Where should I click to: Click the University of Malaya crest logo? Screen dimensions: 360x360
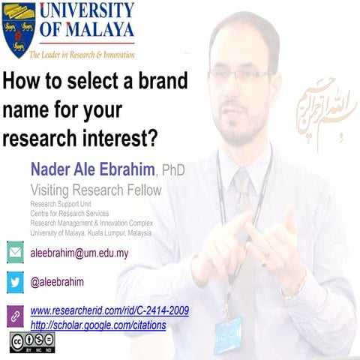(19, 30)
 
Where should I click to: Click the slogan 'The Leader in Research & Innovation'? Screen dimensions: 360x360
(82, 55)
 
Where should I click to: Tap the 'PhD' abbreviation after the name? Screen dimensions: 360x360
(173, 170)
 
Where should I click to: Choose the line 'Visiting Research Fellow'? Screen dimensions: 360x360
(95, 190)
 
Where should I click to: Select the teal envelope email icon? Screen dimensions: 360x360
(15, 253)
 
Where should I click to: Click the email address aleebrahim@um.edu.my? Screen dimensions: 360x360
(79, 253)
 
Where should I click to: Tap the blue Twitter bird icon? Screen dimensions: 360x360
(15, 282)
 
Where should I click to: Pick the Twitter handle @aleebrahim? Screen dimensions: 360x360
(57, 282)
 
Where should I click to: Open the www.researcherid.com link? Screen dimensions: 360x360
(109, 310)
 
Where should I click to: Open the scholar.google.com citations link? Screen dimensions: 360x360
(98, 325)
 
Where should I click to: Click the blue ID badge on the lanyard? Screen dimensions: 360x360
(228, 334)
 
